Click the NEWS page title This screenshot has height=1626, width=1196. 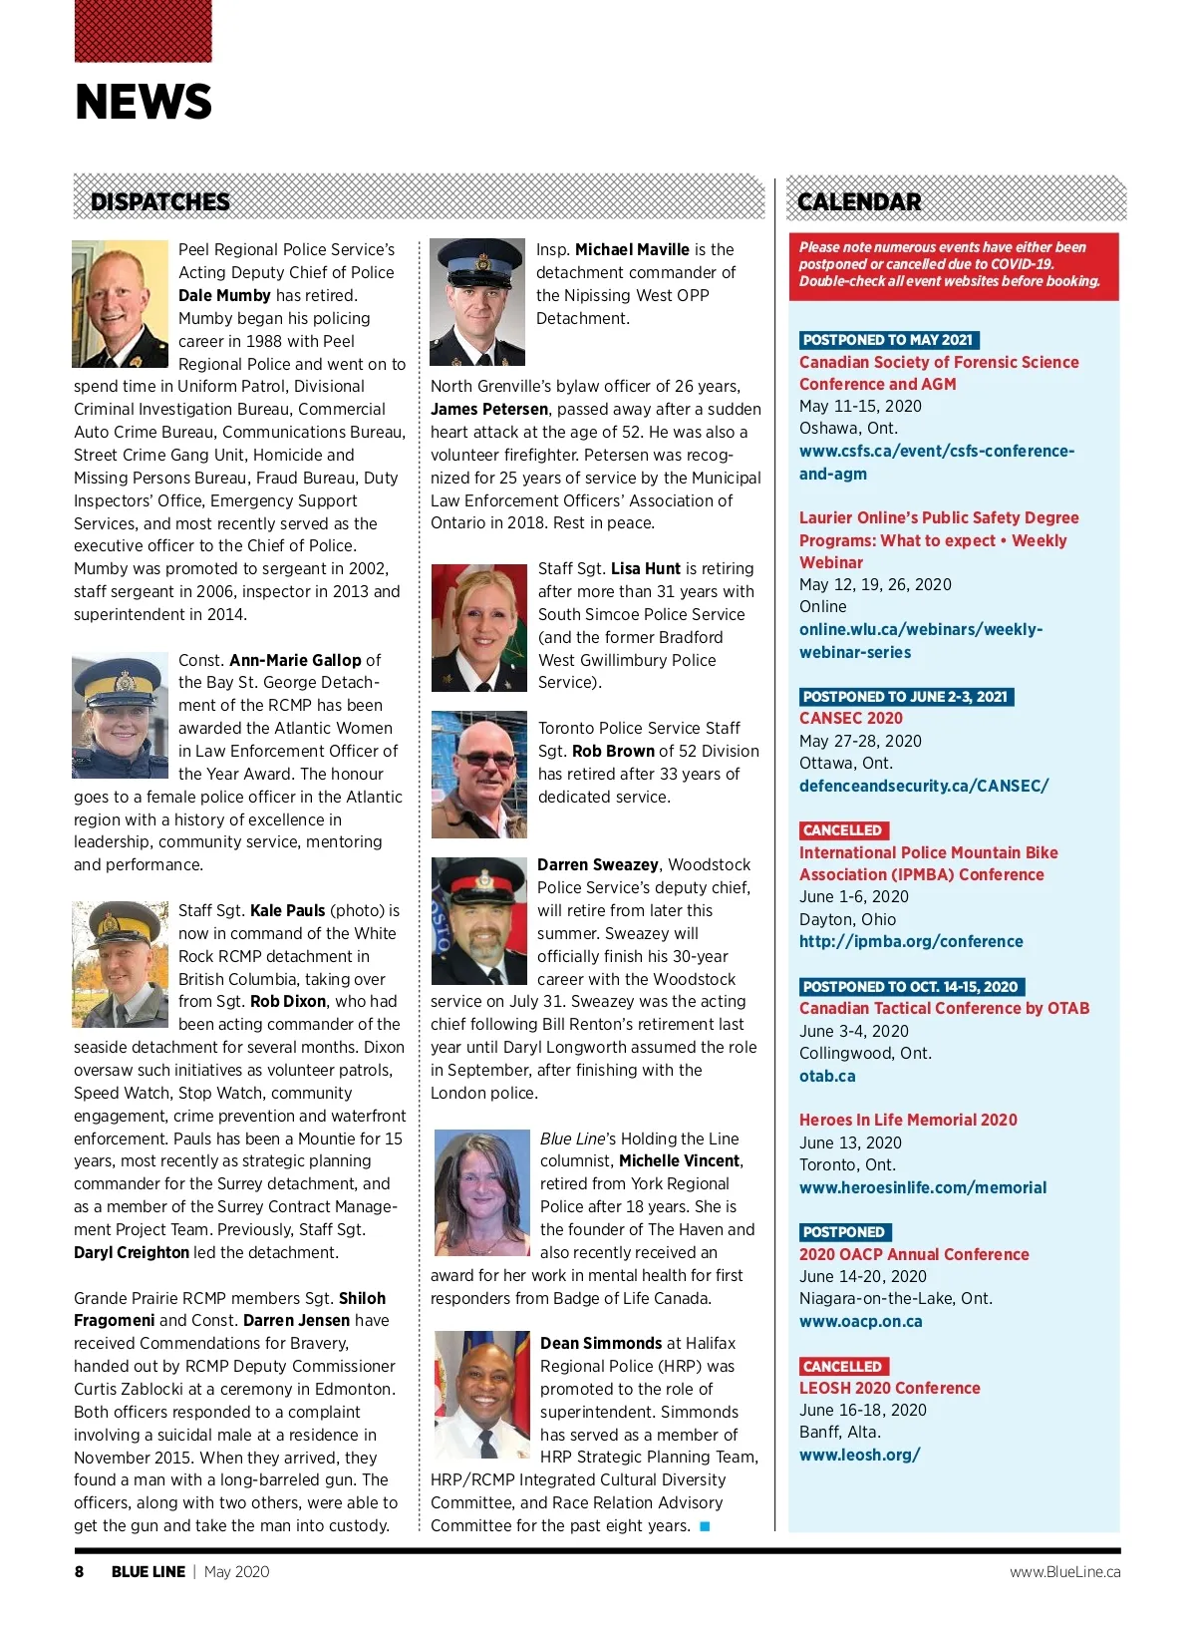144,102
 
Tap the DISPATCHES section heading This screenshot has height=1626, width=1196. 160,201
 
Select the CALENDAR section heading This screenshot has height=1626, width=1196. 859,201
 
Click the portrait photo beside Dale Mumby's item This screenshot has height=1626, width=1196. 121,304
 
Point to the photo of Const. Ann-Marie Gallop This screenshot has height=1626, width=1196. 121,716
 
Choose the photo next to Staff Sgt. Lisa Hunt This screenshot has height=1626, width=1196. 478,628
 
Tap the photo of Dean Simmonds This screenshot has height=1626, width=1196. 482,1395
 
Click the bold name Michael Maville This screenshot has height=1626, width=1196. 632,249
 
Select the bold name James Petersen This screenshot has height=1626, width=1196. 489,409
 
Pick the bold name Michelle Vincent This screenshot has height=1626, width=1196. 679,1160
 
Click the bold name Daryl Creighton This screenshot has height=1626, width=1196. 132,1252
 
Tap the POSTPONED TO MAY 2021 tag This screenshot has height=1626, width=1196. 888,340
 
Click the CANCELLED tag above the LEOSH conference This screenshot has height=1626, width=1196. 843,1366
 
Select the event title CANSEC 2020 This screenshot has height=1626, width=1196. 851,718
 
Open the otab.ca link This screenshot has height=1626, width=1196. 827,1076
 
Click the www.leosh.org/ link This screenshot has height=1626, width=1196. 859,1455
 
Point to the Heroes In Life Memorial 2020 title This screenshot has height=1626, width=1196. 908,1120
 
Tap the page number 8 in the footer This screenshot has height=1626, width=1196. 80,1571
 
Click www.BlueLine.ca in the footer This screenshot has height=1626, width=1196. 1064,1571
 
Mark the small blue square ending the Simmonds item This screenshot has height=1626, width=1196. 705,1526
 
